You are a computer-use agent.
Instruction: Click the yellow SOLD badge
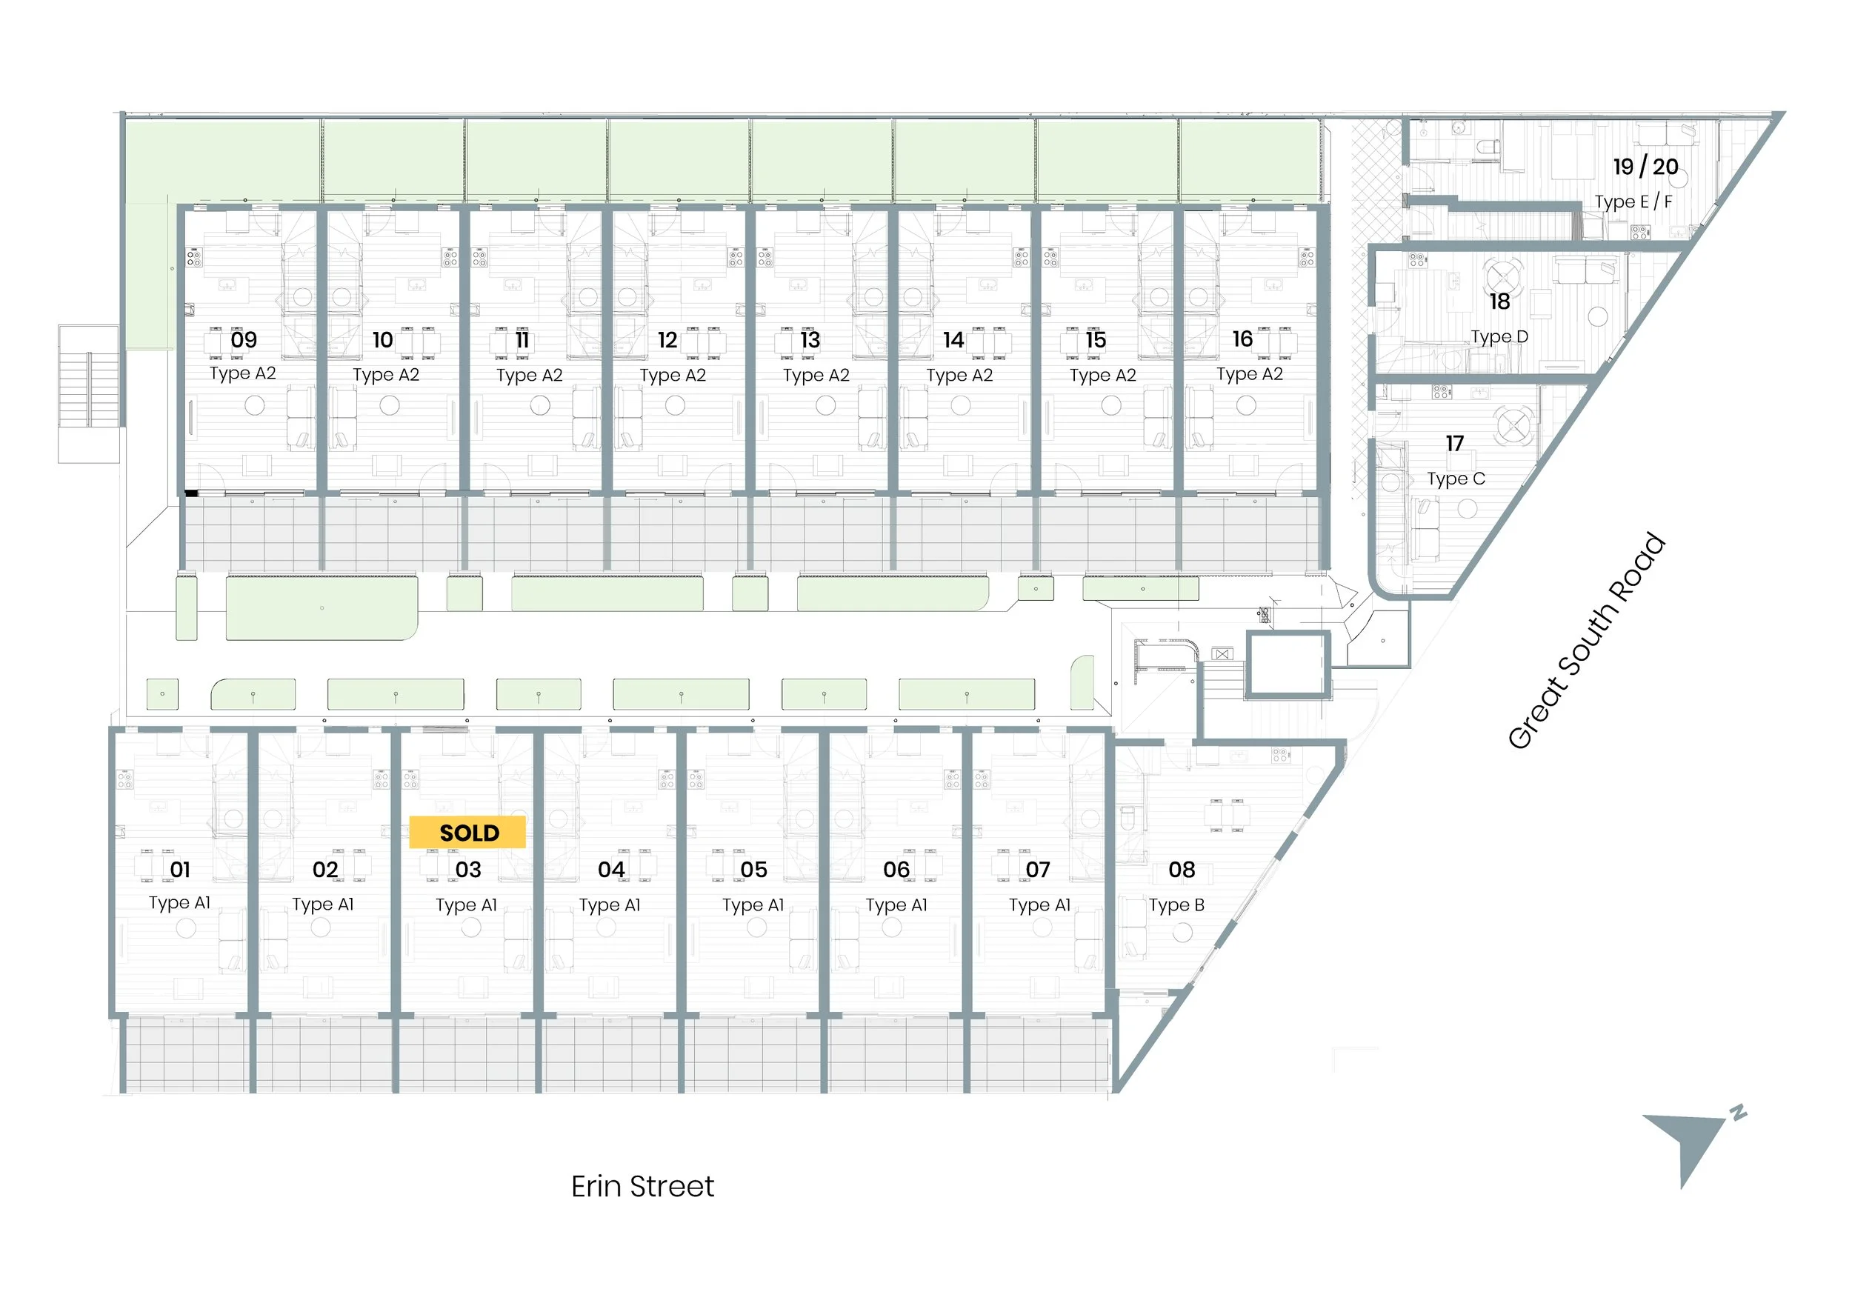click(x=468, y=833)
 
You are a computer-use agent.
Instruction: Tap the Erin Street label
click(x=642, y=1187)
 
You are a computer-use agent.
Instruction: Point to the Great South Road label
click(x=1586, y=642)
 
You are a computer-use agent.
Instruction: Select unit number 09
click(x=244, y=339)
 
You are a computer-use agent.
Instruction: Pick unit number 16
click(x=1242, y=339)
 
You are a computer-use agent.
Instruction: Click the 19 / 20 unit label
click(x=1645, y=167)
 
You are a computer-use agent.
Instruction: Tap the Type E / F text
click(x=1633, y=201)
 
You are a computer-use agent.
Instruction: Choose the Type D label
click(x=1499, y=336)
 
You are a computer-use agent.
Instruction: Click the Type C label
click(x=1455, y=479)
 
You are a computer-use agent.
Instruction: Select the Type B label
click(x=1177, y=905)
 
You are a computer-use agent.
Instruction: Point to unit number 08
click(x=1182, y=870)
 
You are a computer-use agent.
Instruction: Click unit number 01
click(x=181, y=870)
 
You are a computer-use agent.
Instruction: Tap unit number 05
click(x=753, y=870)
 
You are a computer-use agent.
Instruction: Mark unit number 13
click(x=810, y=339)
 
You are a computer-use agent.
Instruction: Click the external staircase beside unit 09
click(x=89, y=393)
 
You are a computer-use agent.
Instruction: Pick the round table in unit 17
click(x=1513, y=424)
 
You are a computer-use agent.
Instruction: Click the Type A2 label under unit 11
click(x=529, y=375)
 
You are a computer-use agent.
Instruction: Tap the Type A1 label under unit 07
click(x=1040, y=905)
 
